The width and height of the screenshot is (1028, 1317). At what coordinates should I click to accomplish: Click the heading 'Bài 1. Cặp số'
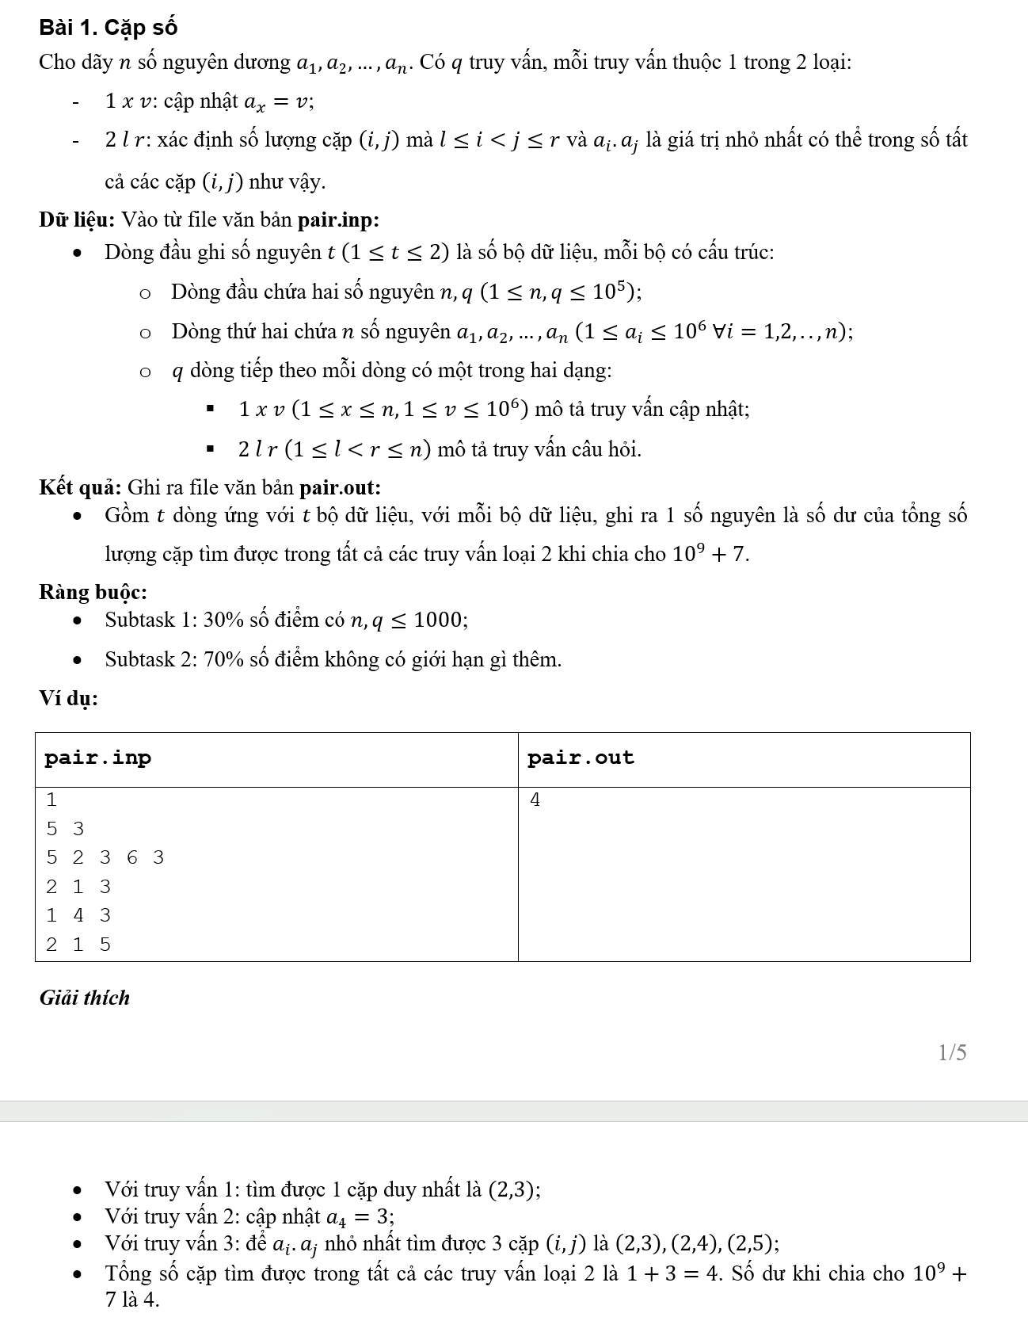pyautogui.click(x=108, y=28)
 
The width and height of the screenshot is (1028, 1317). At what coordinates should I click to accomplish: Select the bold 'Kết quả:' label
pyautogui.click(x=80, y=487)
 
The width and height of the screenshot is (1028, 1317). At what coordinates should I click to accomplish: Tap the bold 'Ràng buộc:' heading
pyautogui.click(x=93, y=592)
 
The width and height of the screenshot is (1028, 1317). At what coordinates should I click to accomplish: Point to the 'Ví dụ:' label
pyautogui.click(x=69, y=698)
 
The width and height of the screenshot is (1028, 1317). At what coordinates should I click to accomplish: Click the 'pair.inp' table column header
pyautogui.click(x=97, y=758)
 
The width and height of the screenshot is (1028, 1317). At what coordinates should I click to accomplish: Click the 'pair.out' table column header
pyautogui.click(x=581, y=758)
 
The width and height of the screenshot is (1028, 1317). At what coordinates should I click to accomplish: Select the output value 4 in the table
pyautogui.click(x=535, y=800)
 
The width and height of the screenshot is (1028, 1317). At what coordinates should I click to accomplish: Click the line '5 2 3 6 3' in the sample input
pyautogui.click(x=105, y=857)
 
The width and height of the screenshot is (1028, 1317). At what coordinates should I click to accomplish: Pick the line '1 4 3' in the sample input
pyautogui.click(x=78, y=915)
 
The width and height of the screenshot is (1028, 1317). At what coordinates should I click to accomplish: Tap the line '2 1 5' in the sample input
pyautogui.click(x=78, y=945)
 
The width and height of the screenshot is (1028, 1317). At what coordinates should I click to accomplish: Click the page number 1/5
pyautogui.click(x=952, y=1052)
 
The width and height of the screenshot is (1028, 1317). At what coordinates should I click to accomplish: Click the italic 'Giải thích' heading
pyautogui.click(x=85, y=998)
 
